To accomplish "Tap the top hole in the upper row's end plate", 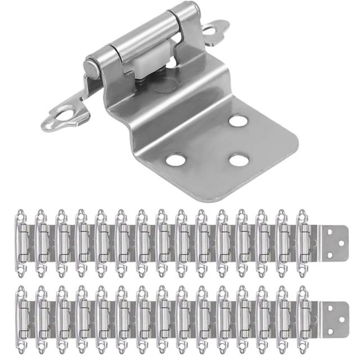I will pyautogui.click(x=332, y=233).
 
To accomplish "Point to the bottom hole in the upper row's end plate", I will pyautogui.click(x=332, y=255).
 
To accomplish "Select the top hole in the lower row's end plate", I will pyautogui.click(x=332, y=309).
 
